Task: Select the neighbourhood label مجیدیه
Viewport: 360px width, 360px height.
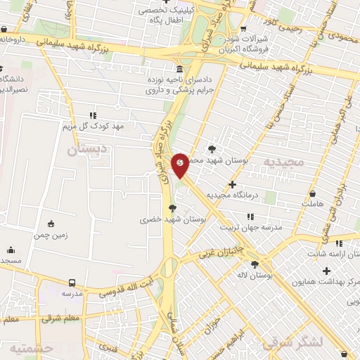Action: (283, 162)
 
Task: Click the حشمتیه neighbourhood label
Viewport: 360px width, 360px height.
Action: (30, 349)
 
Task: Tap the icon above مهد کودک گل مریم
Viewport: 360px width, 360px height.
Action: (92, 115)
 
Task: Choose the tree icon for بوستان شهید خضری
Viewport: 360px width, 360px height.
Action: (172, 207)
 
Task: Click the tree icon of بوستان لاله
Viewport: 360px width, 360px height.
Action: (255, 264)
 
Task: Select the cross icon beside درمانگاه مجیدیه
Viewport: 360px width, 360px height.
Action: (233, 184)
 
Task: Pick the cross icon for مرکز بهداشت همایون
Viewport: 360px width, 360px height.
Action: (326, 271)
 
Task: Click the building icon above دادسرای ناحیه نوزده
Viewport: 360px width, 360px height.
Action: (181, 70)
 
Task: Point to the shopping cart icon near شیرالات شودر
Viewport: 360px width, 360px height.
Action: (243, 30)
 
